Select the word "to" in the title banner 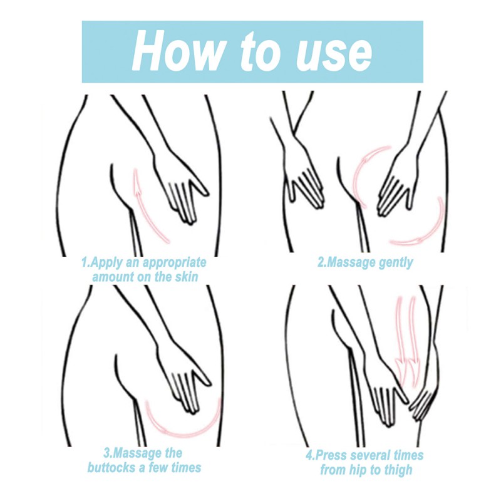pos(259,52)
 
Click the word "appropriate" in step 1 pos(174,263)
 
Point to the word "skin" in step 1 pos(186,276)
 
